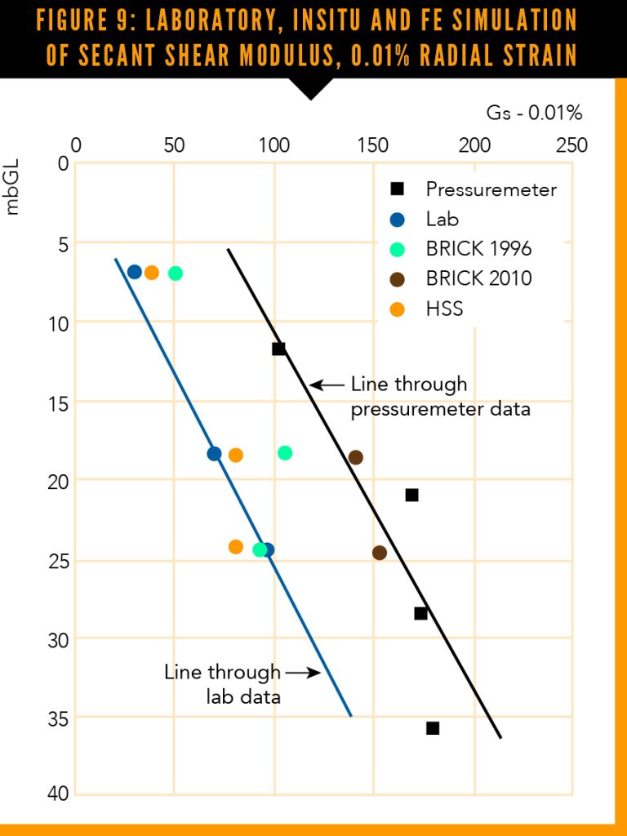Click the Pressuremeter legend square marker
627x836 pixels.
coord(398,189)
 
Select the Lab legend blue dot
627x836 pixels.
coord(398,219)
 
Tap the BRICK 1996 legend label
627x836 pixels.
coord(478,248)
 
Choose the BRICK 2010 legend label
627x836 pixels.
coord(478,278)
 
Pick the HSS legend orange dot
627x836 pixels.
coord(398,309)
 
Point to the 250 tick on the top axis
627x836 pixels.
coord(571,145)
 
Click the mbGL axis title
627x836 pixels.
coord(12,193)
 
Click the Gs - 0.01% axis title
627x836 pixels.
coord(534,113)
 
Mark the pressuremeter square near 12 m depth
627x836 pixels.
coord(278,349)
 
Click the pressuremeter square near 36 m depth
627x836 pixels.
coord(433,727)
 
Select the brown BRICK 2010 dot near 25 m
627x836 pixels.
coord(380,553)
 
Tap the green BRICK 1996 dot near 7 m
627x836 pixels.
coord(175,273)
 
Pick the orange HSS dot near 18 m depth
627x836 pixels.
coord(236,455)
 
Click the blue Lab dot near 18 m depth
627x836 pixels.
coord(214,454)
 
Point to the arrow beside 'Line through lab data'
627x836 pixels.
coord(301,673)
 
